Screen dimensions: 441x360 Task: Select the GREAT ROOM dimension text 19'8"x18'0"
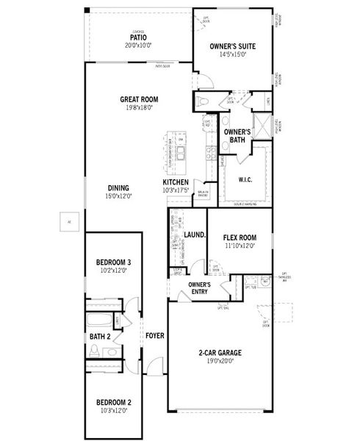pyautogui.click(x=140, y=107)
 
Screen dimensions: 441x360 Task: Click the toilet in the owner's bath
pyautogui.click(x=204, y=102)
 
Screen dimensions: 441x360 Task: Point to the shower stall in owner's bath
pyautogui.click(x=262, y=122)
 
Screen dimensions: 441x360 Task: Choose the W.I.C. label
pyautogui.click(x=245, y=179)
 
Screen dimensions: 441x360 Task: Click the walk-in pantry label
pyautogui.click(x=203, y=193)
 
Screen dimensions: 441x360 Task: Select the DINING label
pyautogui.click(x=118, y=187)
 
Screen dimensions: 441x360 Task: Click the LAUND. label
pyautogui.click(x=194, y=235)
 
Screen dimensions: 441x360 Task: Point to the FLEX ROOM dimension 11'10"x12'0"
pyautogui.click(x=239, y=246)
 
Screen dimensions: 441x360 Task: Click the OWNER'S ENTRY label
pyautogui.click(x=200, y=287)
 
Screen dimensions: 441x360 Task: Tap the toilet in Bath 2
pyautogui.click(x=94, y=351)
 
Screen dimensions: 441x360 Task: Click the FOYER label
pyautogui.click(x=154, y=335)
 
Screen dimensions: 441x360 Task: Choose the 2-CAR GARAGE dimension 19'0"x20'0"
pyautogui.click(x=219, y=361)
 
